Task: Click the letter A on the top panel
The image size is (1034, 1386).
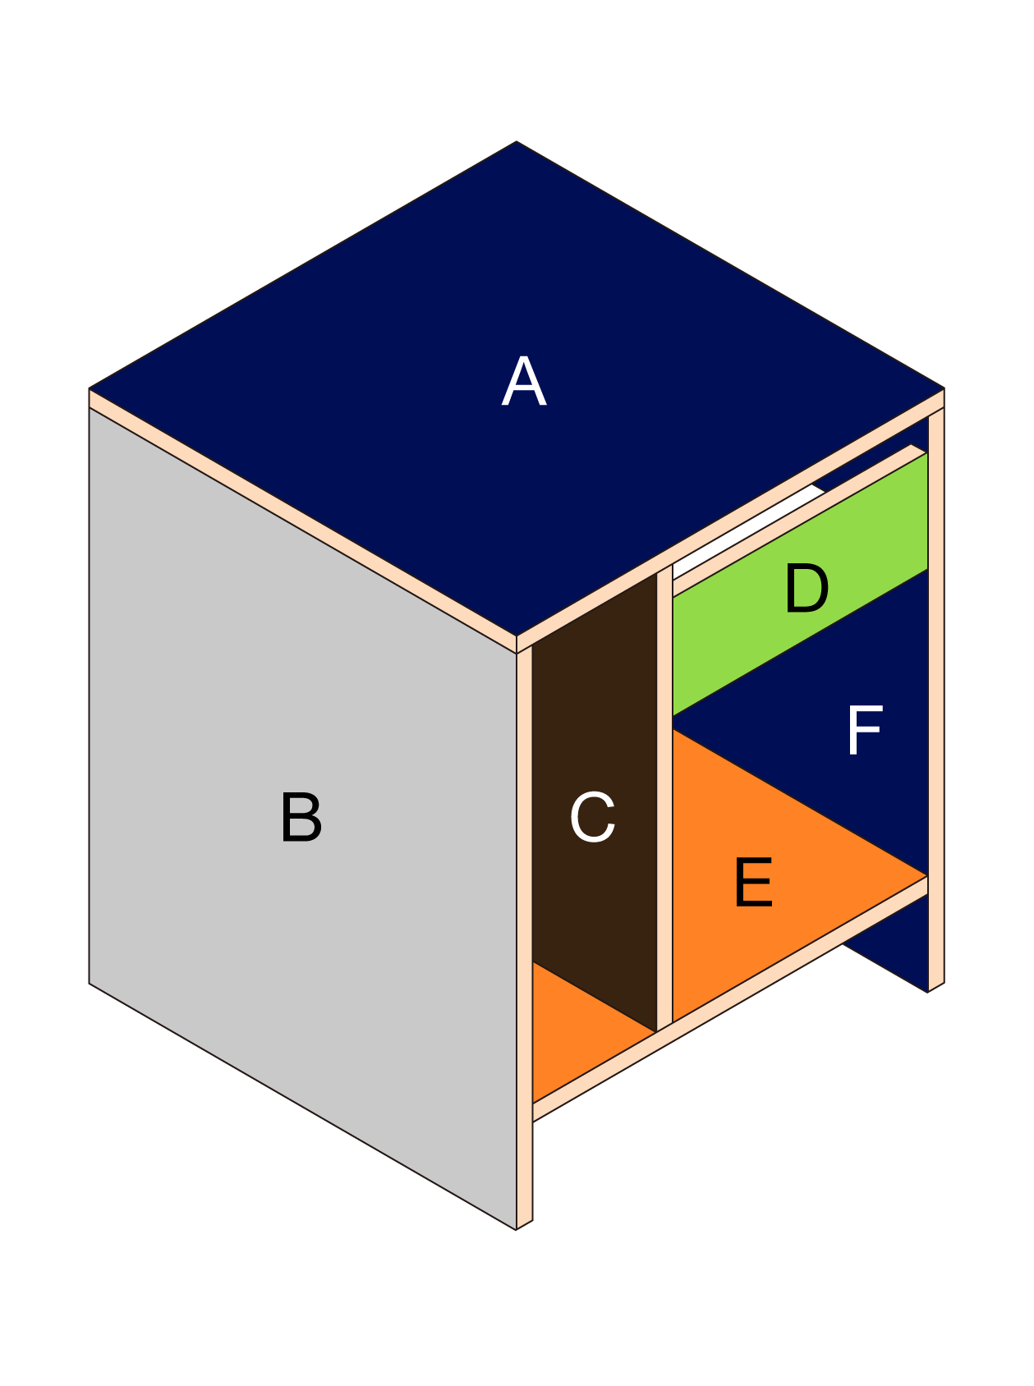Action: click(524, 383)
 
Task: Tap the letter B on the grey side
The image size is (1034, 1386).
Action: click(301, 818)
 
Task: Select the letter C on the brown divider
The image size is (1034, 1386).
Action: click(592, 818)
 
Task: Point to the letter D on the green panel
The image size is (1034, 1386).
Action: click(806, 589)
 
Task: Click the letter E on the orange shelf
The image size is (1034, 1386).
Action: click(753, 883)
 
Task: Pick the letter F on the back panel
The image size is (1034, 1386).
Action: click(864, 730)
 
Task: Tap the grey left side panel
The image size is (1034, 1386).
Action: click(246, 739)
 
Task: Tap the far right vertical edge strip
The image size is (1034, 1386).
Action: click(935, 698)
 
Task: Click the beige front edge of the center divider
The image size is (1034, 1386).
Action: click(664, 796)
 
